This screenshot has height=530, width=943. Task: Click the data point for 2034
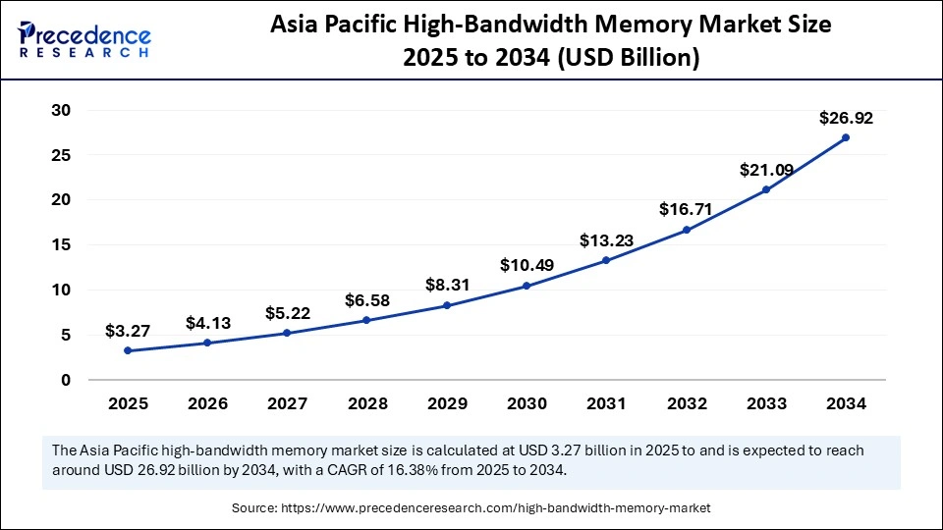(846, 137)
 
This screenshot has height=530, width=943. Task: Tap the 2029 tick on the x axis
(446, 403)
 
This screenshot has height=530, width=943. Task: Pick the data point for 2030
(527, 286)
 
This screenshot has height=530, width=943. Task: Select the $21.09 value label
(766, 170)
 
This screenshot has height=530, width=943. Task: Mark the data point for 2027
(287, 333)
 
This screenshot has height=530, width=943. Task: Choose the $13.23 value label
(606, 239)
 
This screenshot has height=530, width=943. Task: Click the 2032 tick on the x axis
(686, 403)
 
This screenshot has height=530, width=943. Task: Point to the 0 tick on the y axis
(67, 380)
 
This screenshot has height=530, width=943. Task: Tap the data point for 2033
(766, 189)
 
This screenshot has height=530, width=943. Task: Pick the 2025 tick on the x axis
(128, 403)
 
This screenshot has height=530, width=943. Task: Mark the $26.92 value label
(846, 118)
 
